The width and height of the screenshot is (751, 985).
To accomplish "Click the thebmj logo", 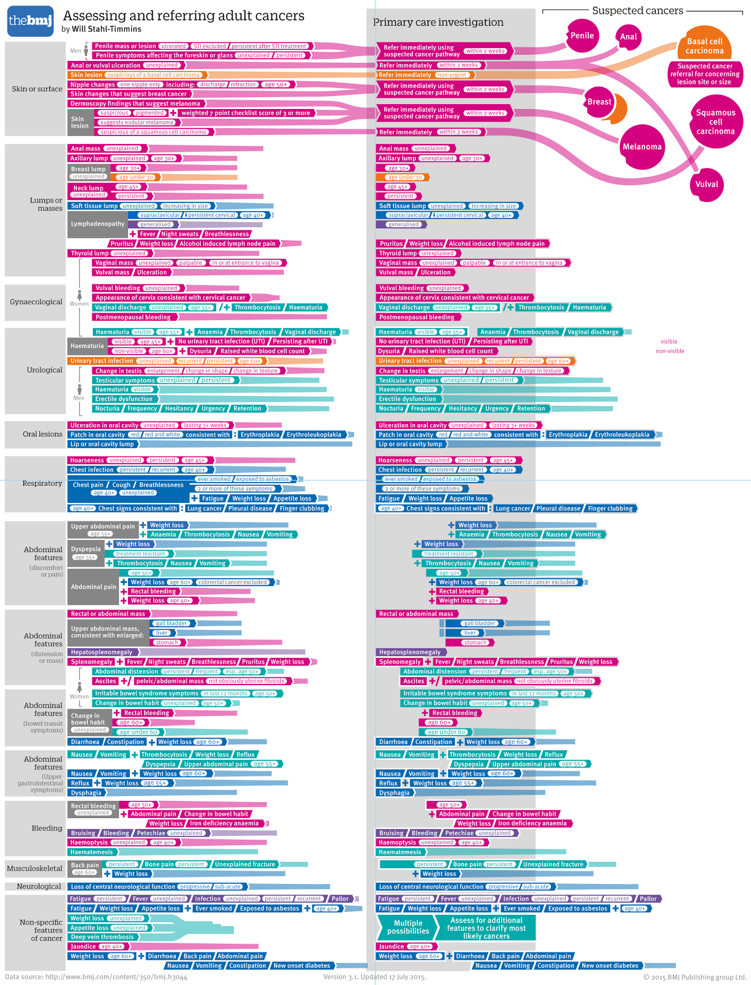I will (31, 22).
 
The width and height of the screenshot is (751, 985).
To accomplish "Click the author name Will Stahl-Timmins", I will (102, 29).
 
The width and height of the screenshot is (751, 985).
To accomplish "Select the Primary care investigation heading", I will (438, 22).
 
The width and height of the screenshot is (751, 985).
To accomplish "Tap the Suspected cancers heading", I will (637, 10).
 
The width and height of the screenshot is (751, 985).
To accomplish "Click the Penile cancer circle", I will (582, 36).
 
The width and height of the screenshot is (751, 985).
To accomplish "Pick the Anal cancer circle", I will (628, 37).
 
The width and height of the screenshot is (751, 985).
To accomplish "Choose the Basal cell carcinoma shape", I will (704, 46).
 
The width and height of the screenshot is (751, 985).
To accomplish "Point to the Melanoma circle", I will (641, 147).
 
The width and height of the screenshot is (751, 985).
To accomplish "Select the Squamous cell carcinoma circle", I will (715, 122).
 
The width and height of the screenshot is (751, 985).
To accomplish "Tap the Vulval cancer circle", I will (706, 184).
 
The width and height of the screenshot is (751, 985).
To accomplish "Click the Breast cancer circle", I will (599, 102).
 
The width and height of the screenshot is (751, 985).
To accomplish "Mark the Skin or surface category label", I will (37, 89).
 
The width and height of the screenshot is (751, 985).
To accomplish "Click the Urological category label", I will (44, 370).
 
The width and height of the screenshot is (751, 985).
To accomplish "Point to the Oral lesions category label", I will (42, 434).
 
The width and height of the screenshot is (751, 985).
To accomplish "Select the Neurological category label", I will (39, 886).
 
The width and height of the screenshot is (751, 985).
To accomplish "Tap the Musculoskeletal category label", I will (34, 869).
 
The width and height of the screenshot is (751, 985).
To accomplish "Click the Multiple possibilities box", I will (408, 927).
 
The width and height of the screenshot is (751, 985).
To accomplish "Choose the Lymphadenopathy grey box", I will (97, 224).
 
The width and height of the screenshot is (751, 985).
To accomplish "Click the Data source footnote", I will (96, 977).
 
